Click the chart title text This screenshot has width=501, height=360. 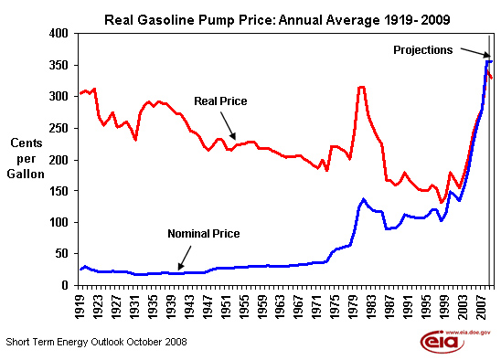pos(277,20)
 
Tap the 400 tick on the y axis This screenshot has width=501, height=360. pos(59,33)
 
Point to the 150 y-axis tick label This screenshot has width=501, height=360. pos(59,191)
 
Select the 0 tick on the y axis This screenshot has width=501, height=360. pos(65,284)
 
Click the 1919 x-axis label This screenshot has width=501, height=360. pos(80,307)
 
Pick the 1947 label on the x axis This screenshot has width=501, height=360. pos(208,307)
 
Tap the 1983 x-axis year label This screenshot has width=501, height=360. pos(371,307)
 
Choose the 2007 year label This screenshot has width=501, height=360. pos(481,307)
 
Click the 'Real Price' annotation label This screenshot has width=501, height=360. pos(220,101)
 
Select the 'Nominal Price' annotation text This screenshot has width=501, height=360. pos(204,234)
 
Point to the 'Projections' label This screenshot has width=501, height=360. pos(422,50)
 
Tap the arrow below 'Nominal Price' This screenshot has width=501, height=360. pos(185,258)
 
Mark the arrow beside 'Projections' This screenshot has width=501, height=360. pos(475,53)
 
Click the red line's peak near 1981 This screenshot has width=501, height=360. pos(362,87)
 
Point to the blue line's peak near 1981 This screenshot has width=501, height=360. pos(363,200)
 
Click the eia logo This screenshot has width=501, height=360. pos(442,342)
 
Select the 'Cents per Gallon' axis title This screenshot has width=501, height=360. pos(26,158)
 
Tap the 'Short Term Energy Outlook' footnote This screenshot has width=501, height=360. pos(96,342)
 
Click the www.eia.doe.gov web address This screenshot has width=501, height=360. pos(467,333)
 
